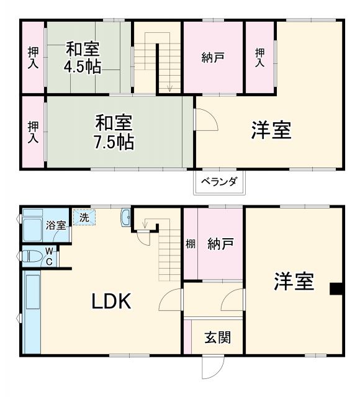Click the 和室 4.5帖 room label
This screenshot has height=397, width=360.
pyautogui.click(x=83, y=57)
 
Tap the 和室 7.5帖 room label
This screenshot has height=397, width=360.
pyautogui.click(x=114, y=132)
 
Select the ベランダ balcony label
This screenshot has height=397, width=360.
pyautogui.click(x=218, y=182)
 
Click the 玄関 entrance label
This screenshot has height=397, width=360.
pyautogui.click(x=218, y=338)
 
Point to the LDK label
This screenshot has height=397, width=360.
pyautogui.click(x=112, y=301)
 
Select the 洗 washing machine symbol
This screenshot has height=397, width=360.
pyautogui.click(x=83, y=218)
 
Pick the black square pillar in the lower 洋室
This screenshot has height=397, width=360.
pyautogui.click(x=336, y=288)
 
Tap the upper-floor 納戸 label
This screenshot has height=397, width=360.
pyautogui.click(x=213, y=58)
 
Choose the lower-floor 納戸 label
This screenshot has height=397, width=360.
pyautogui.click(x=220, y=244)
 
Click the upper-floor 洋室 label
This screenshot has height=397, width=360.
pyautogui.click(x=271, y=130)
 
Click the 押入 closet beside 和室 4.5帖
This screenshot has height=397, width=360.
pyautogui.click(x=32, y=57)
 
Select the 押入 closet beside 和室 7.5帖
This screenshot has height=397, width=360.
pyautogui.click(x=32, y=132)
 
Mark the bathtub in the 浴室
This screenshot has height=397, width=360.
pyautogui.click(x=32, y=230)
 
